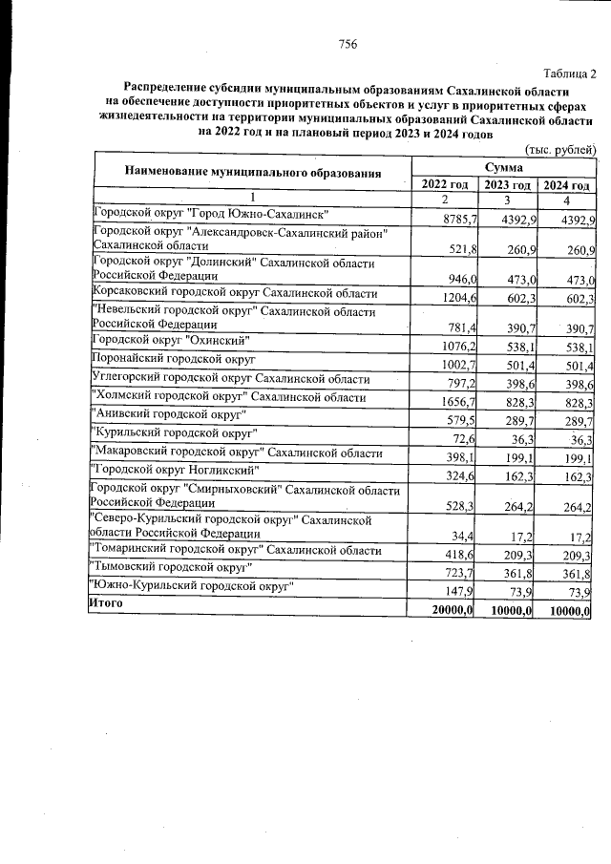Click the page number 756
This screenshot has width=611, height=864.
[348, 44]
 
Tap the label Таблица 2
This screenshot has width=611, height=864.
[569, 74]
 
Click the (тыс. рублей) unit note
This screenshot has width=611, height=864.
[561, 150]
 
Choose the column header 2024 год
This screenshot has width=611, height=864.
[566, 185]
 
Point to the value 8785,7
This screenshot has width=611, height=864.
[455, 221]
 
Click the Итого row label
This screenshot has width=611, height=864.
[106, 603]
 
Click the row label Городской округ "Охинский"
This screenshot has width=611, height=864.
[171, 340]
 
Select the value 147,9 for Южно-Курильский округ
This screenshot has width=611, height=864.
[458, 592]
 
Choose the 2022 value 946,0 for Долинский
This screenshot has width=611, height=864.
[458, 279]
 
